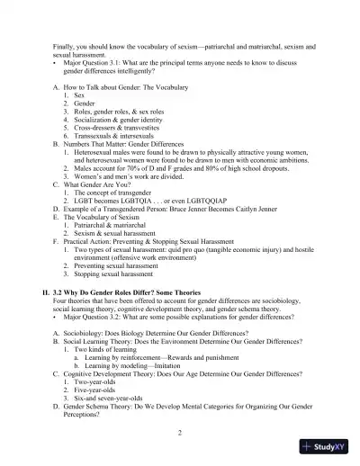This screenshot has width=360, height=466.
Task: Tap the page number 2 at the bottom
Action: pos(180,433)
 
